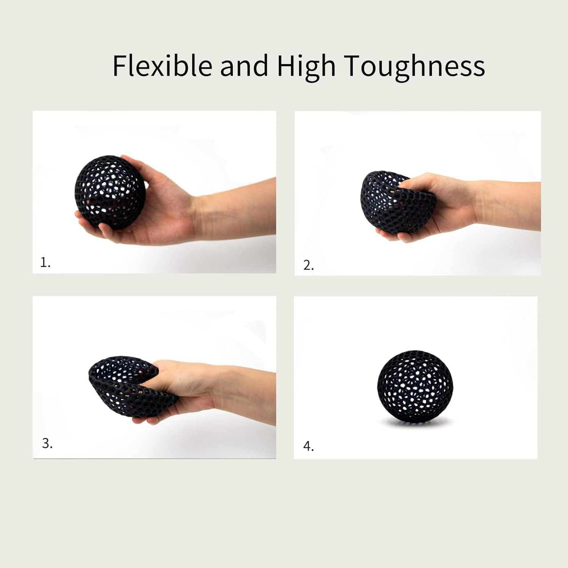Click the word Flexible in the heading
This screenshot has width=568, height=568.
tap(162, 66)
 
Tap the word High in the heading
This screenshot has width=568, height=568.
tap(306, 66)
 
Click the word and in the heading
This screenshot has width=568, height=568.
tap(244, 66)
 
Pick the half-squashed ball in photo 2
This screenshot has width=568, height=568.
tap(382, 204)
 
